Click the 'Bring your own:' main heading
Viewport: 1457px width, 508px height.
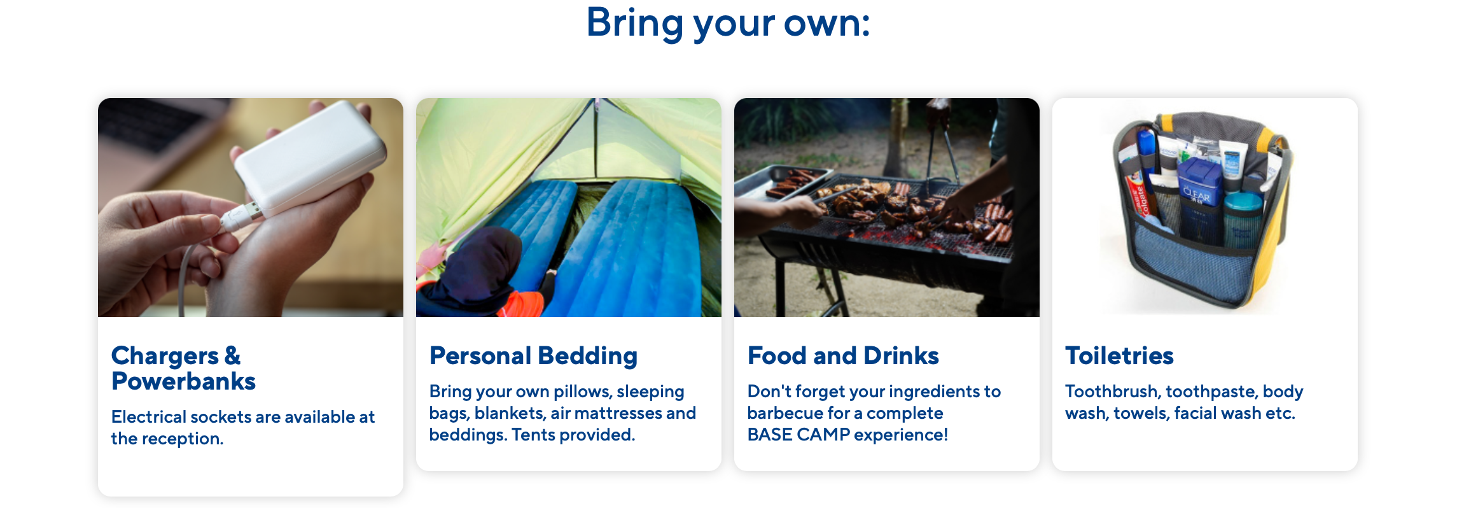pos(728,23)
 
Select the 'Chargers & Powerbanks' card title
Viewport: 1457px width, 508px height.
pos(183,368)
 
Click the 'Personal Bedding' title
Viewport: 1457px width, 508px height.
pos(533,356)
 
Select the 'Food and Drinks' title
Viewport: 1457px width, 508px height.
pos(843,356)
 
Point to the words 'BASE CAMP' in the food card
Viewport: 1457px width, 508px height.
pos(798,435)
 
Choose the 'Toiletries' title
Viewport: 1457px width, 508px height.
pos(1119,356)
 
